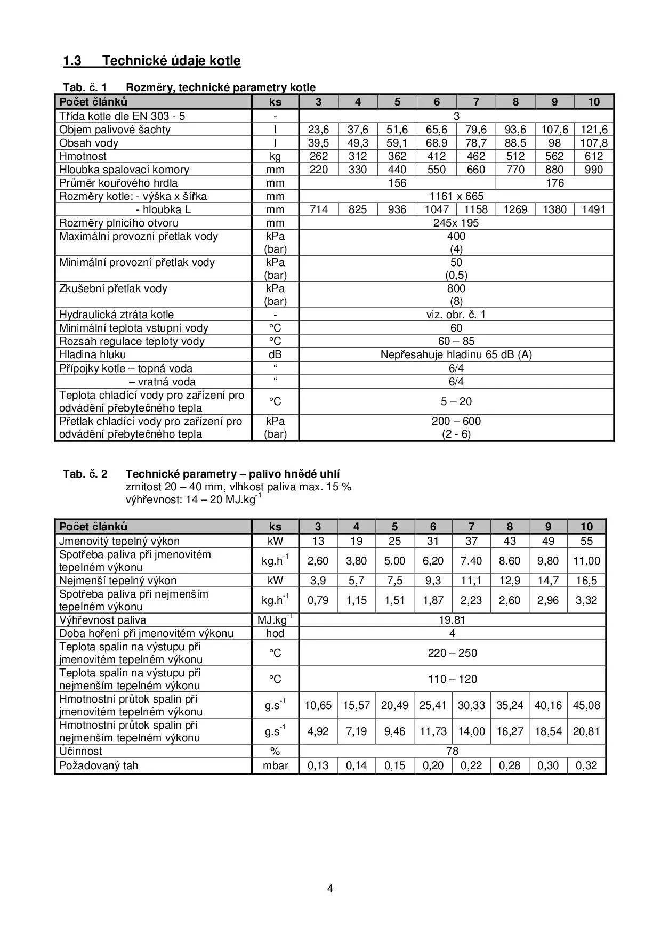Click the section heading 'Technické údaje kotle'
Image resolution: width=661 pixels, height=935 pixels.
click(171, 61)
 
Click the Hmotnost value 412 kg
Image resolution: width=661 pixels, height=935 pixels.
click(437, 156)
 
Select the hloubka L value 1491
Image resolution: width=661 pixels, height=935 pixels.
click(593, 209)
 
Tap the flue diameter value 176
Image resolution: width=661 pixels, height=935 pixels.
click(554, 183)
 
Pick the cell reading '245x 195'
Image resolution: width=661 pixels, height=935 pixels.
click(456, 223)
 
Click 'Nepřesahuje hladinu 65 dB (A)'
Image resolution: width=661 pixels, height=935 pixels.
click(456, 354)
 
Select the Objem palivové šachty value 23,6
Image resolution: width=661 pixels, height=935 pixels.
click(318, 130)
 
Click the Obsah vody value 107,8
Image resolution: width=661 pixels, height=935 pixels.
click(593, 143)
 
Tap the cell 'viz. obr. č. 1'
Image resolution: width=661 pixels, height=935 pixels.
click(456, 315)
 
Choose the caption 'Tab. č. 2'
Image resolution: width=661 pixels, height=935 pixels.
click(85, 474)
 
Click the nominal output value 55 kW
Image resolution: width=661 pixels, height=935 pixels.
click(586, 541)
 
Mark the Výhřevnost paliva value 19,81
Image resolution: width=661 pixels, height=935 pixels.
click(452, 620)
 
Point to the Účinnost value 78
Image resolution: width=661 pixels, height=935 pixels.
click(452, 751)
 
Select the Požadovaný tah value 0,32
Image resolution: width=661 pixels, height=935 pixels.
click(586, 765)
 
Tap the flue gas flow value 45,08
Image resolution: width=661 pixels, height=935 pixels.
click(586, 705)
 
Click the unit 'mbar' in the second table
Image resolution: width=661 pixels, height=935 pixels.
click(275, 765)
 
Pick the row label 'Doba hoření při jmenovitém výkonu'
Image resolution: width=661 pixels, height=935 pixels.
click(146, 633)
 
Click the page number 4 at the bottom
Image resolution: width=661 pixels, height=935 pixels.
click(330, 889)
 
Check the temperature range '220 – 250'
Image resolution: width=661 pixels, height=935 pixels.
click(452, 653)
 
